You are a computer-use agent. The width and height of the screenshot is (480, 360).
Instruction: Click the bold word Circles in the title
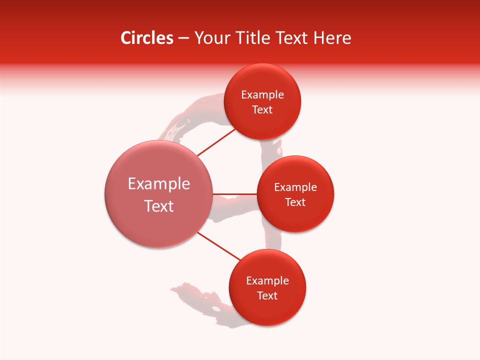(146, 38)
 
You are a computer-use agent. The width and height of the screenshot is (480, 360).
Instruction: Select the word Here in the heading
(332, 38)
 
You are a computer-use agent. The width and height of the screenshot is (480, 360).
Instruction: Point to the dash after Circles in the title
(183, 38)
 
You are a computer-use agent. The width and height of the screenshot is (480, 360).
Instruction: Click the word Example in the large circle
(159, 184)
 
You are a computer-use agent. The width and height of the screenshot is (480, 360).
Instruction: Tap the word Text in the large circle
(159, 206)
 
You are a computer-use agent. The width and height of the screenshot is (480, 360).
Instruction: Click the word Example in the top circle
(262, 95)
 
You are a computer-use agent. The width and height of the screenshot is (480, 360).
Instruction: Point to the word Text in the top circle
(262, 110)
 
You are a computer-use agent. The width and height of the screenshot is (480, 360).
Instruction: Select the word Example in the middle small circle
(295, 187)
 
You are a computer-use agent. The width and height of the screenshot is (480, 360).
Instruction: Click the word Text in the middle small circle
(295, 202)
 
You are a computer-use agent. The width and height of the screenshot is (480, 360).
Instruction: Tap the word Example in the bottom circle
(267, 281)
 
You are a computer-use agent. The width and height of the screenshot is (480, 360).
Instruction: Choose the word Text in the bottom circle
(267, 296)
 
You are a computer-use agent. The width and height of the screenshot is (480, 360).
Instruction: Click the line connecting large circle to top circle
(216, 142)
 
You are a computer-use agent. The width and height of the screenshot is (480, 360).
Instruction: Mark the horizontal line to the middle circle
(235, 193)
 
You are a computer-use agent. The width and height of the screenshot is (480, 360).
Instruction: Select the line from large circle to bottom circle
(219, 246)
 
